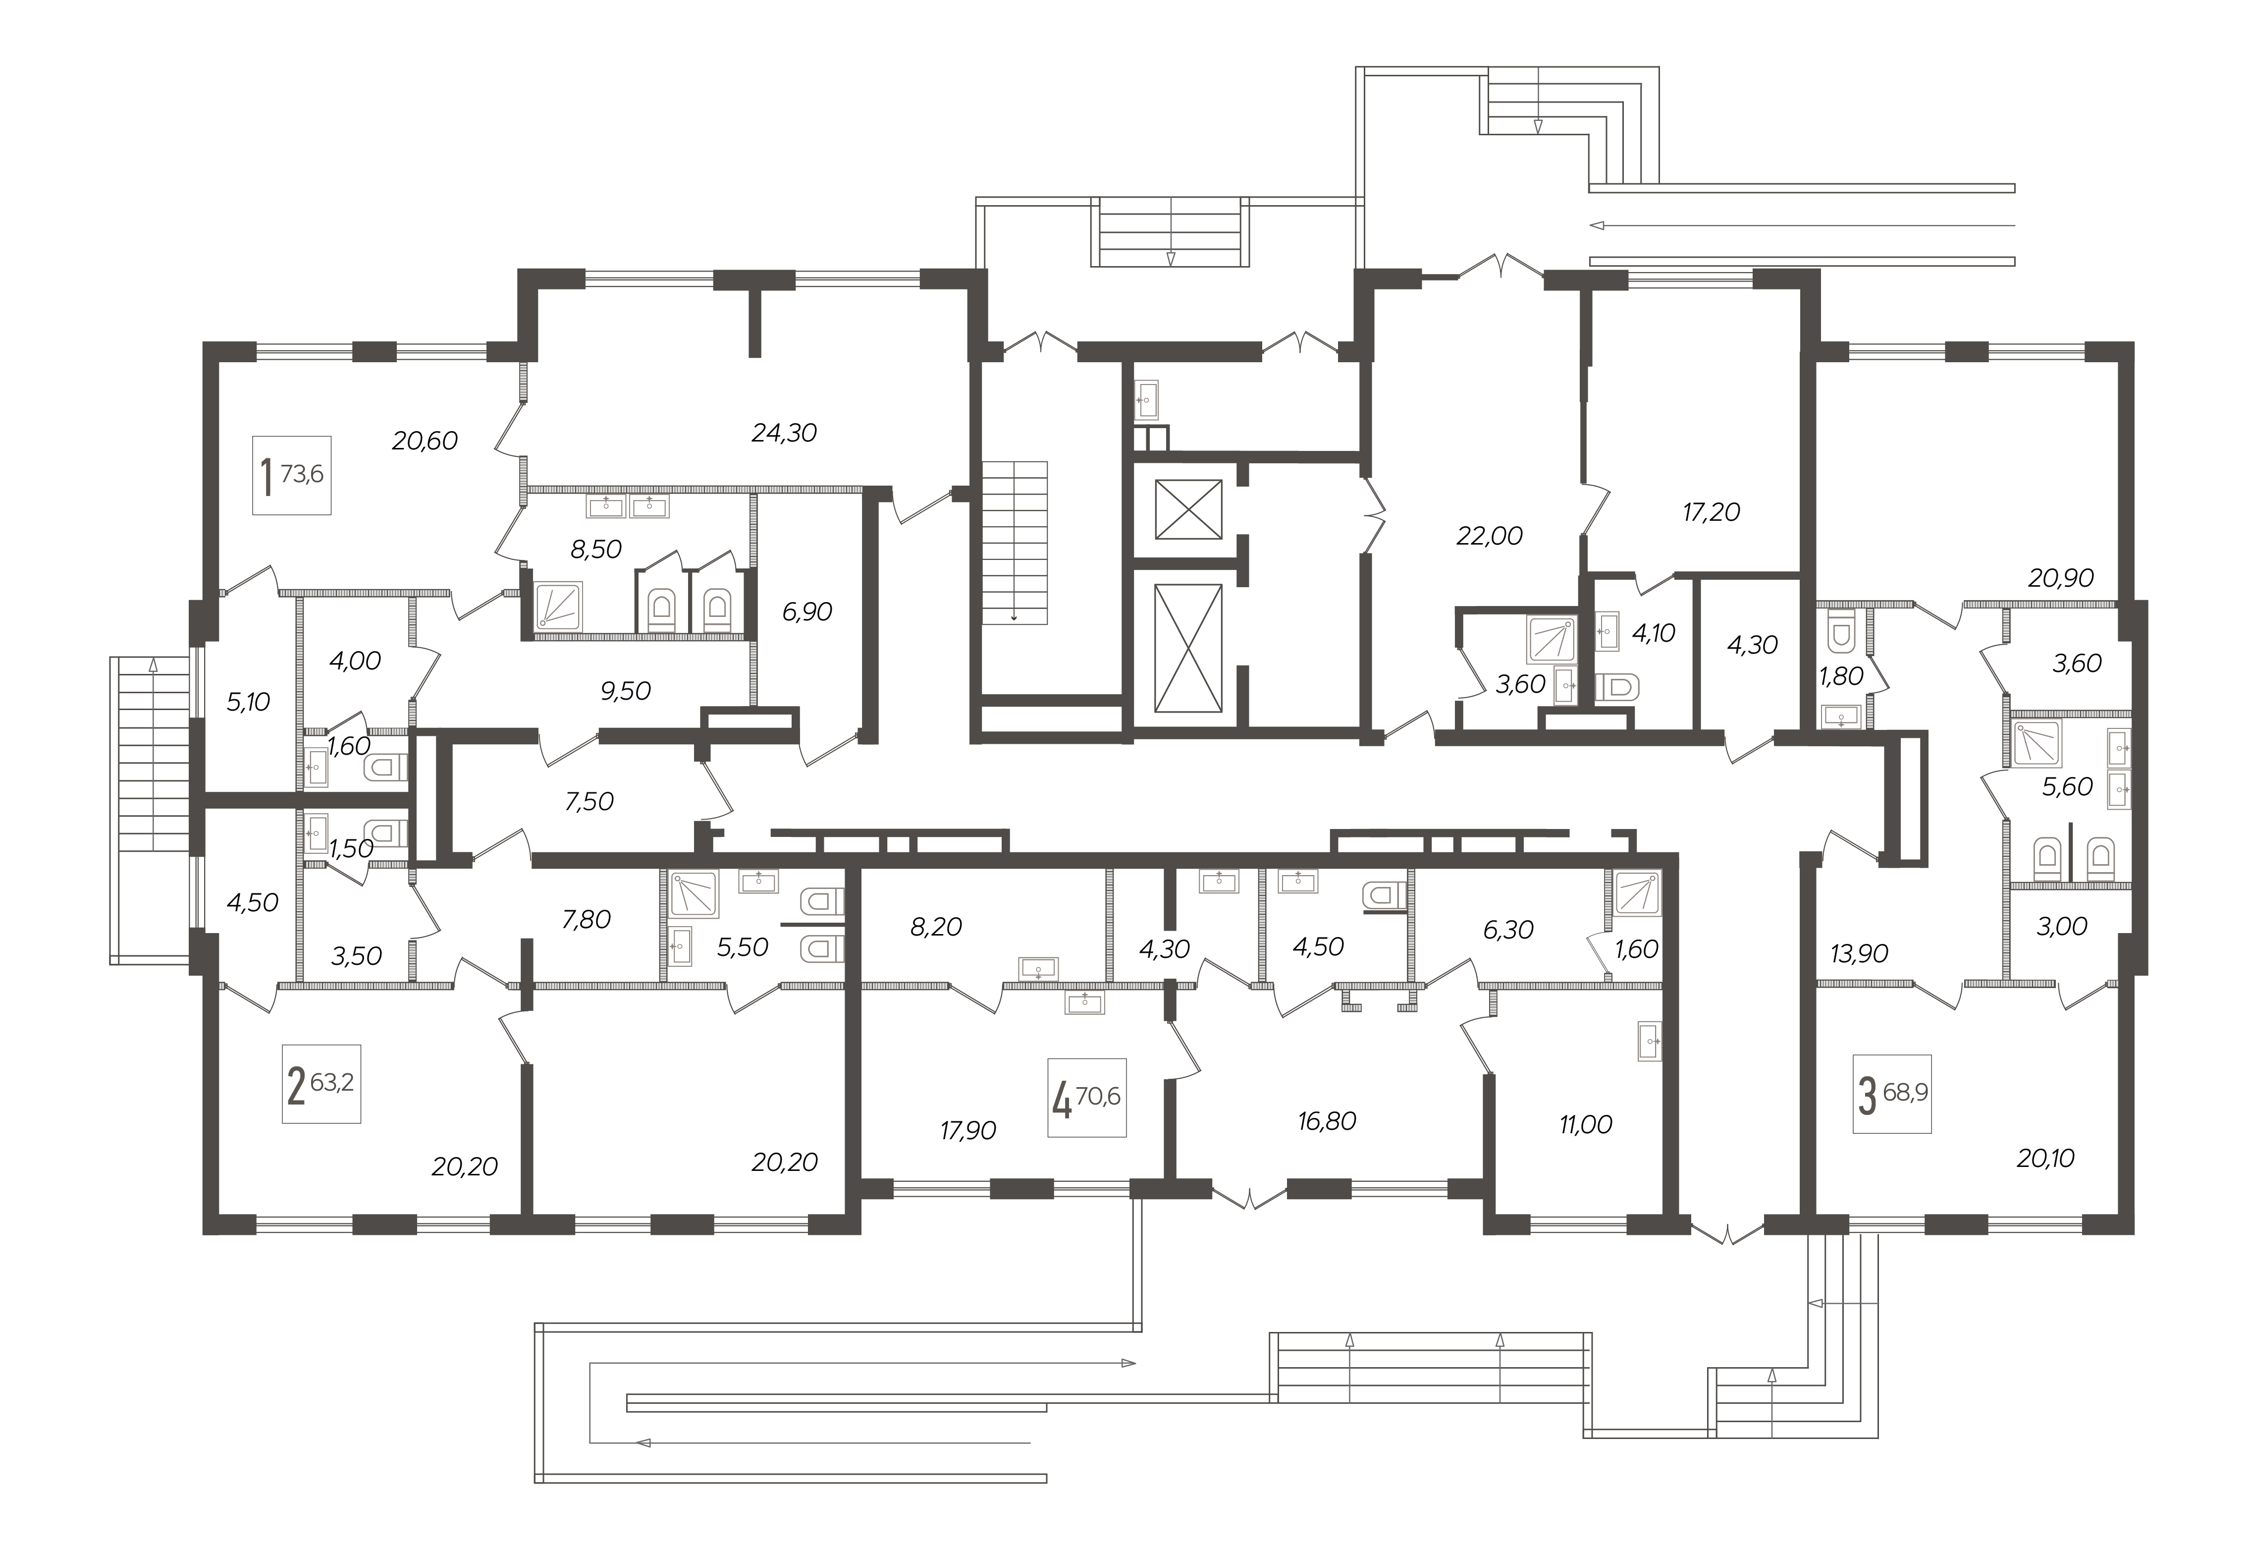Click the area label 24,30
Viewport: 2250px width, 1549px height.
click(x=784, y=433)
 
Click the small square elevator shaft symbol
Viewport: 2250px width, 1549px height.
click(x=1187, y=509)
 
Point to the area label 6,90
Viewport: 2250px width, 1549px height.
click(x=807, y=612)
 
